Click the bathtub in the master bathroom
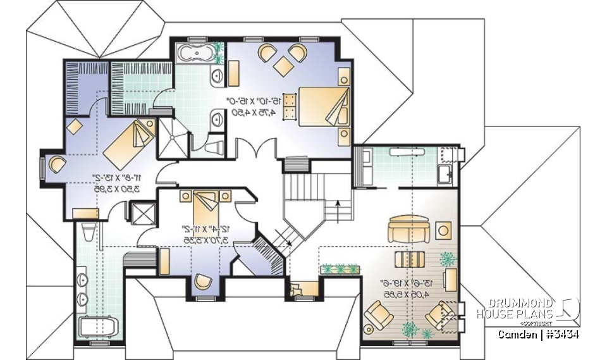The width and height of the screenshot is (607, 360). pos(195,54)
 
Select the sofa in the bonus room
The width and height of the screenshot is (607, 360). pos(407,229)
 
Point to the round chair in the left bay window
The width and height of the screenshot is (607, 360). pos(55,164)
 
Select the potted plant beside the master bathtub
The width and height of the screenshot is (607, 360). pos(219,52)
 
